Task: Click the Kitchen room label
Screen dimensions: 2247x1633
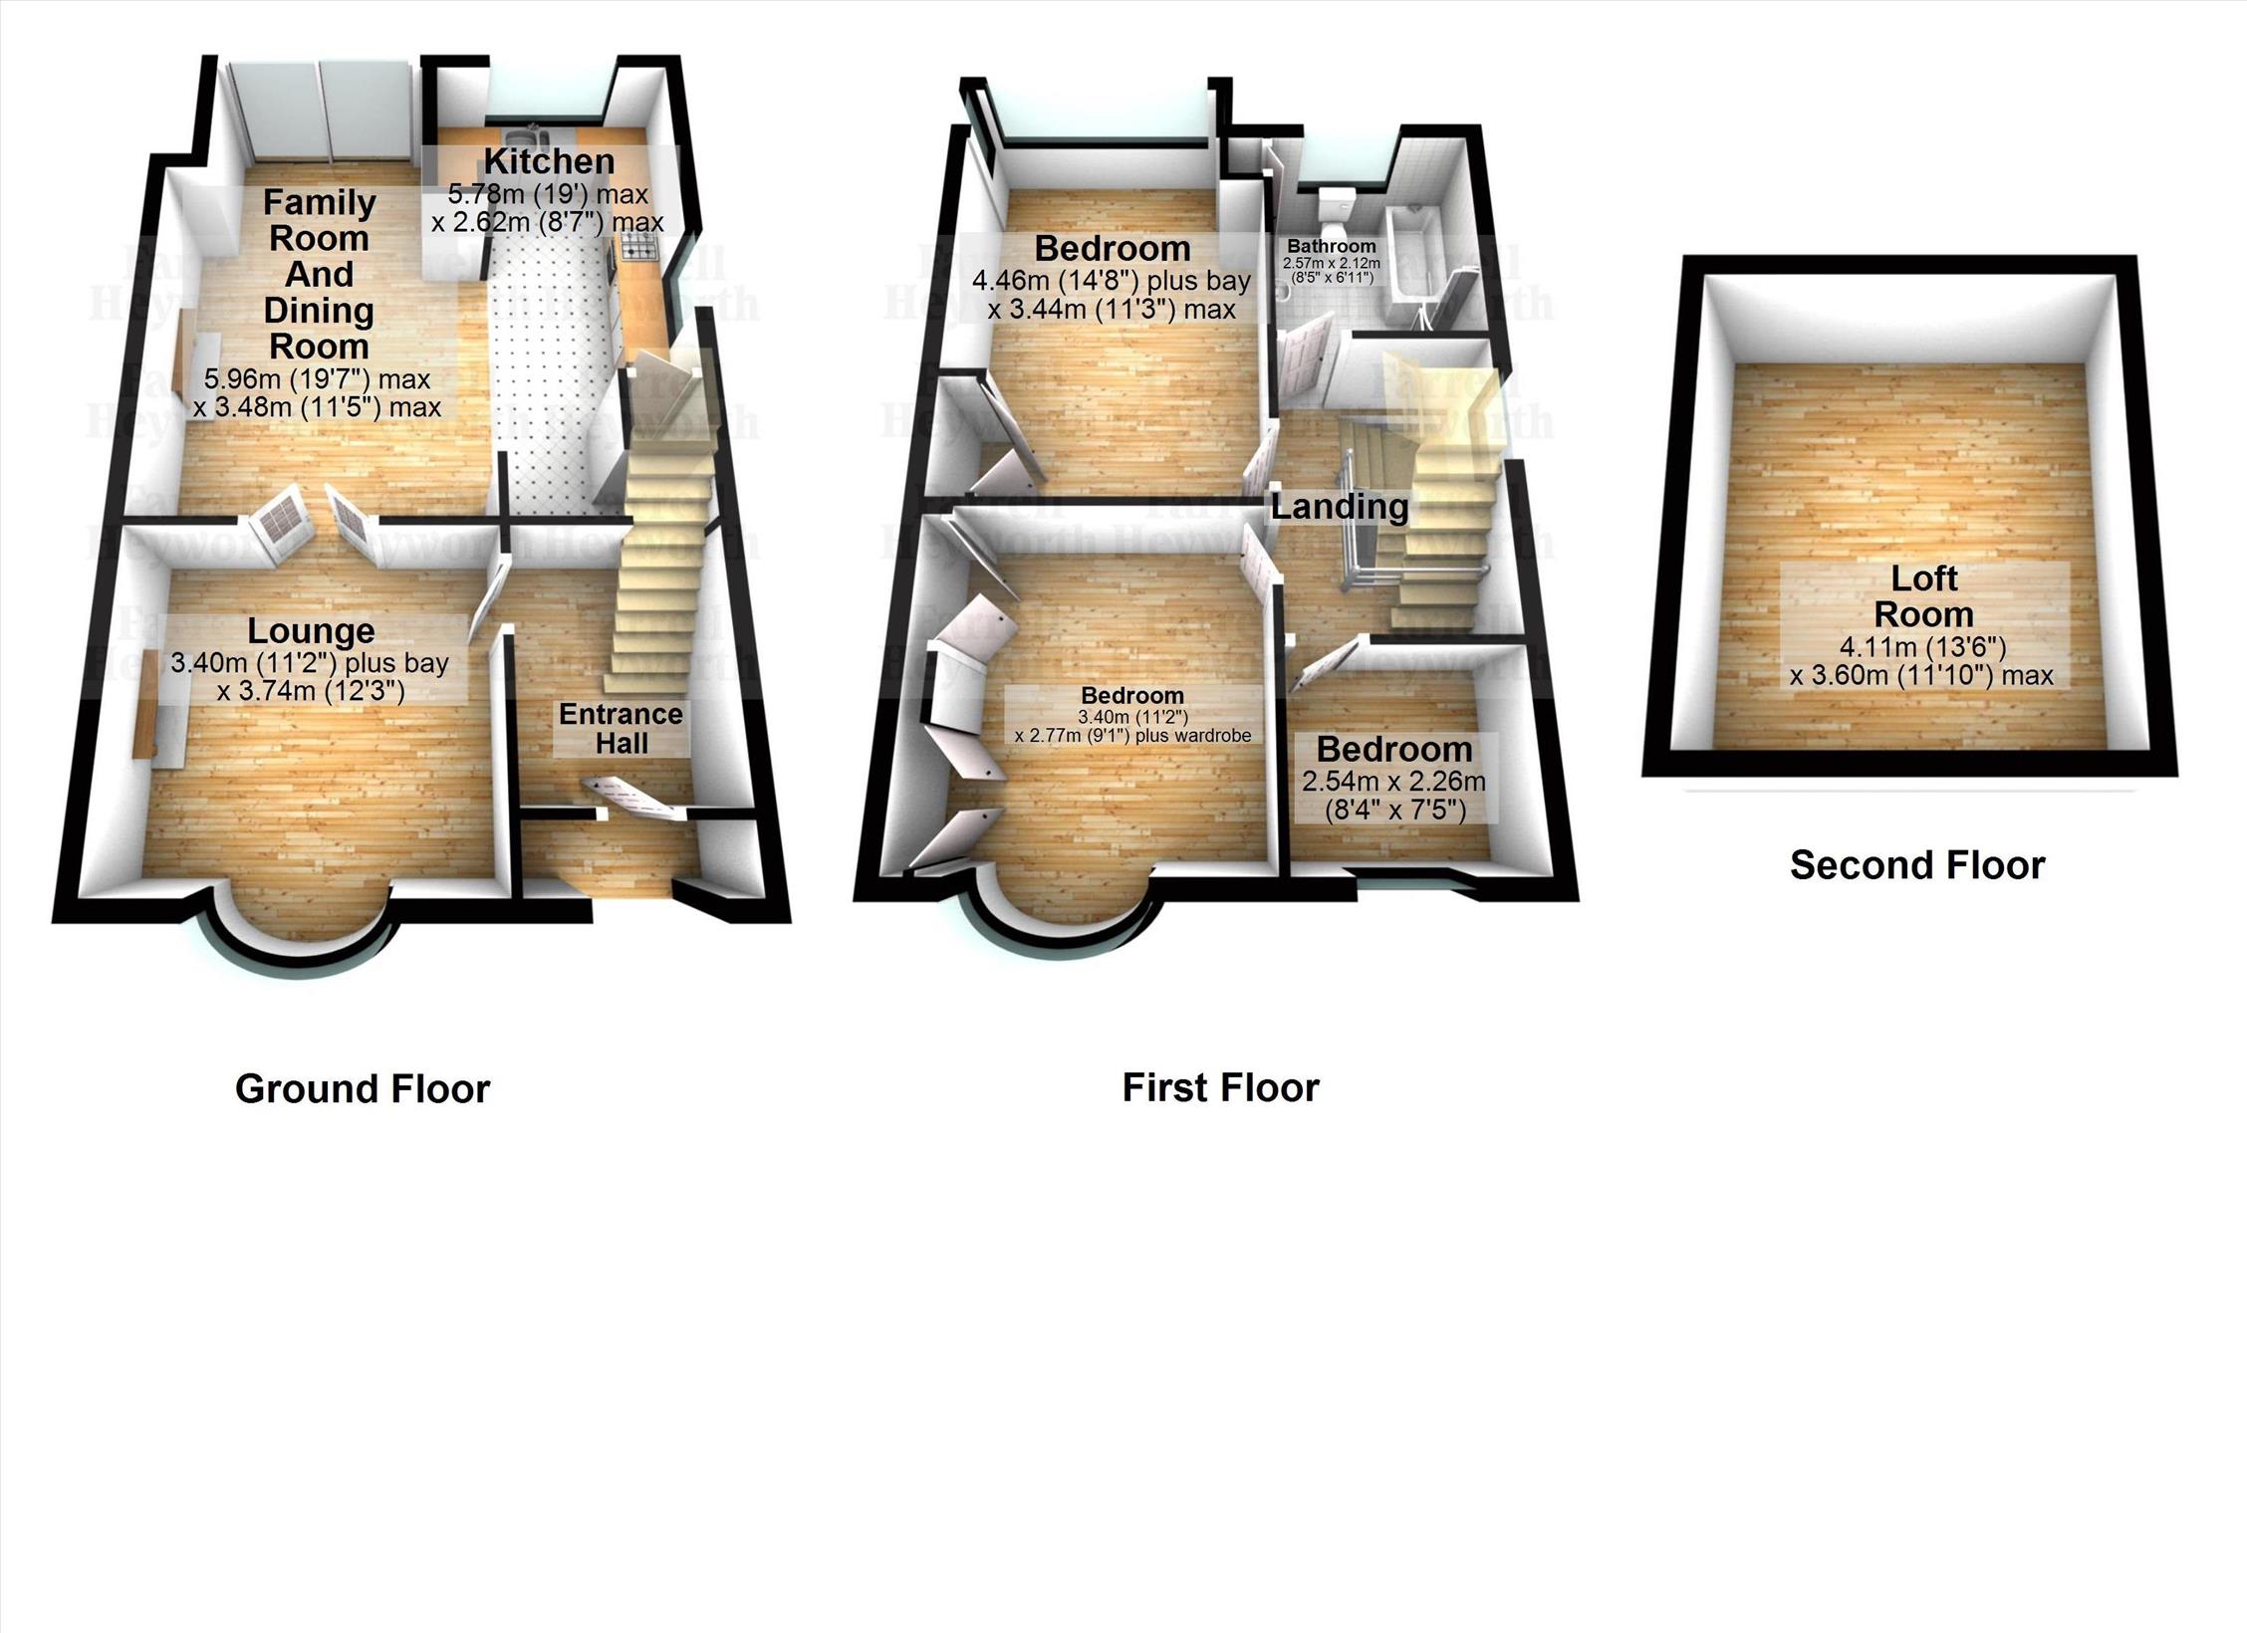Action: click(x=549, y=161)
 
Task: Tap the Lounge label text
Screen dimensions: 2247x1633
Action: click(x=311, y=630)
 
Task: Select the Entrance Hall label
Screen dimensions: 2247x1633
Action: click(x=621, y=728)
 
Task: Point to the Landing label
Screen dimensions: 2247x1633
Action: click(x=1339, y=507)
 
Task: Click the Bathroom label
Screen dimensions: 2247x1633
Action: click(x=1331, y=246)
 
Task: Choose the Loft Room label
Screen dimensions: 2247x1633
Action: click(x=1923, y=595)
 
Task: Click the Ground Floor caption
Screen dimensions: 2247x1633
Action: click(x=363, y=1088)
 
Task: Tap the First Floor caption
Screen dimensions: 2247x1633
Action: click(x=1220, y=1087)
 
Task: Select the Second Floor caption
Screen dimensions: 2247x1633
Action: click(x=1916, y=865)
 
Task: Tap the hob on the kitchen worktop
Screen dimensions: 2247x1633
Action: click(x=636, y=247)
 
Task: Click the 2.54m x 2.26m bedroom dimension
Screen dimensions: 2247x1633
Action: click(x=1393, y=781)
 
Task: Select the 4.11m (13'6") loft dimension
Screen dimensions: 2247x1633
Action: click(x=1922, y=647)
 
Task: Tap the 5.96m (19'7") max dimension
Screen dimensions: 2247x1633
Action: click(x=317, y=379)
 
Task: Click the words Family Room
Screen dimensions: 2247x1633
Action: click(x=319, y=220)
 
